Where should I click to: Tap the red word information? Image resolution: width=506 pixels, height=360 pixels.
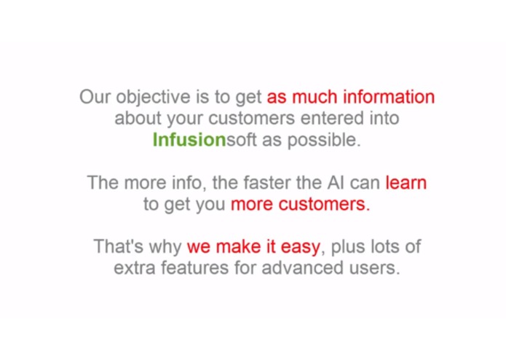[x=389, y=97]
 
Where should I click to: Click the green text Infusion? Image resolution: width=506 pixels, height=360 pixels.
[x=189, y=140]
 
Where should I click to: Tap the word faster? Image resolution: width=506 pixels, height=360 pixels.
[x=269, y=182]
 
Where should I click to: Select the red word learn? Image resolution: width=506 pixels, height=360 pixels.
[x=406, y=182]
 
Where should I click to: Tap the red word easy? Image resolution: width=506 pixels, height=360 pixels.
[x=299, y=246]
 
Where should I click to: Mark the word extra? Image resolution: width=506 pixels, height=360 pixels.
[x=133, y=267]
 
